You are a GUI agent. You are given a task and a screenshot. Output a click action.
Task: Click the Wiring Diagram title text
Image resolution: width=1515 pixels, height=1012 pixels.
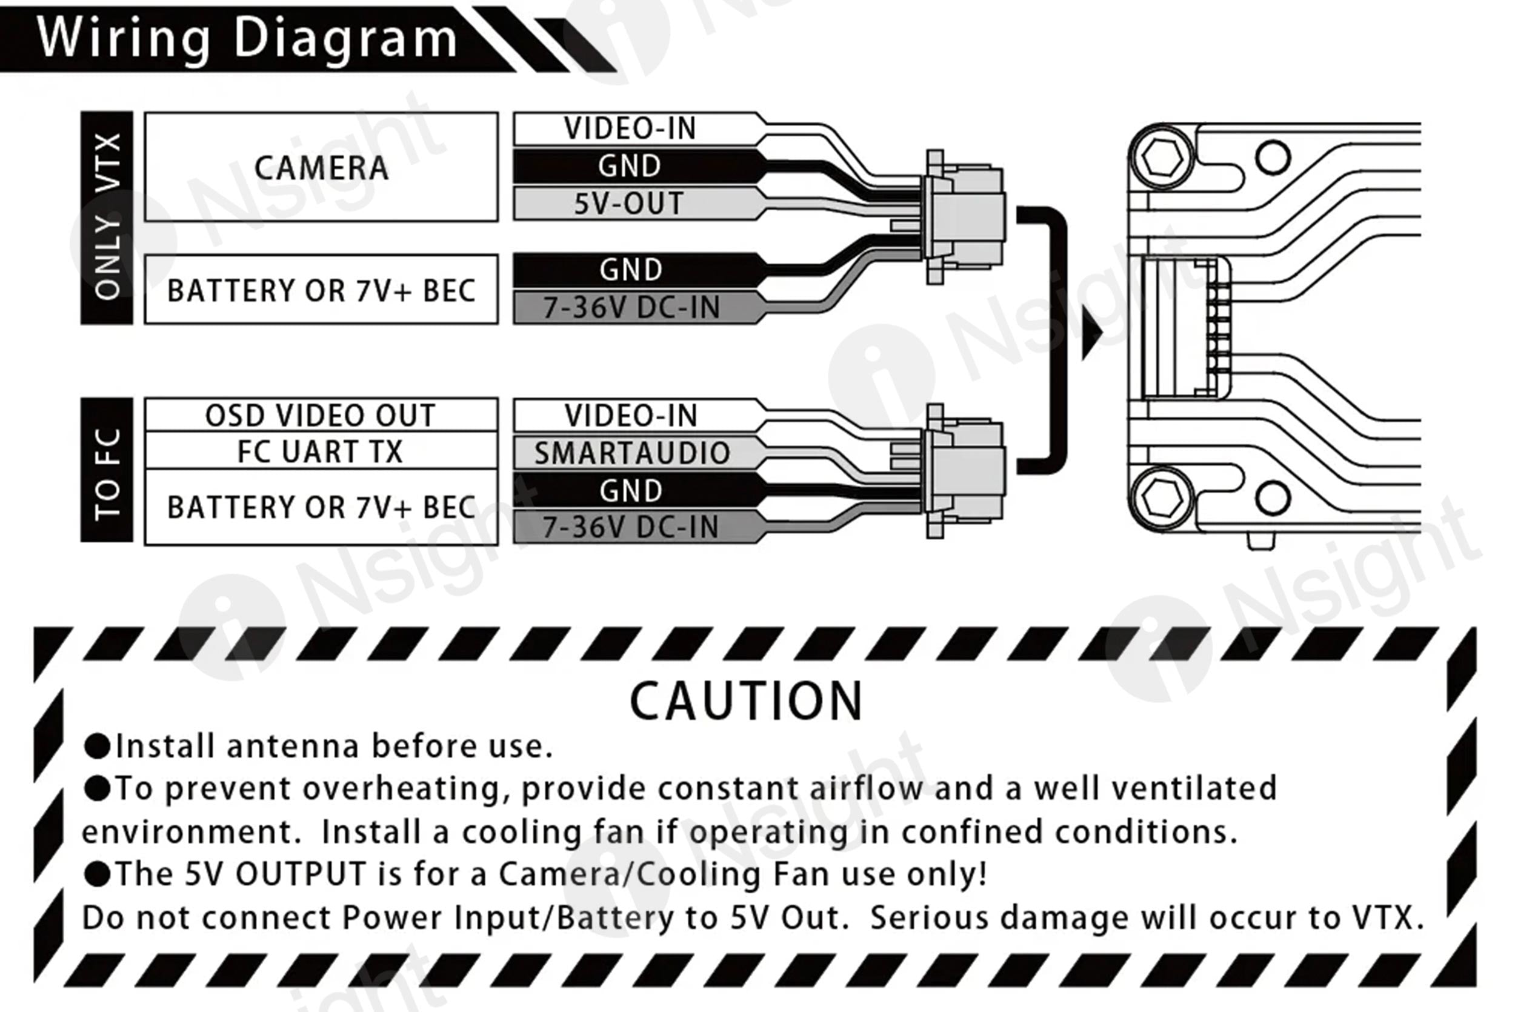(x=247, y=39)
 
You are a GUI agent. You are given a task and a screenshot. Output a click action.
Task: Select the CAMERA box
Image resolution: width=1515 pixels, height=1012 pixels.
(x=321, y=167)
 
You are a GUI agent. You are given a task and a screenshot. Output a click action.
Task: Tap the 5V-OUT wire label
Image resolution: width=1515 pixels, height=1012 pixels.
(x=629, y=204)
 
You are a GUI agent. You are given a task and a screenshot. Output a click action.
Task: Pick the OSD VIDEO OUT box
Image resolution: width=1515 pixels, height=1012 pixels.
(x=321, y=415)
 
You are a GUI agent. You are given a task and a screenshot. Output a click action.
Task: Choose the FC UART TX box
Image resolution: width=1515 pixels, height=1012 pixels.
(x=321, y=450)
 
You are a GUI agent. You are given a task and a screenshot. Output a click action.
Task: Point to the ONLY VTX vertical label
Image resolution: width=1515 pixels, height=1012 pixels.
(x=107, y=218)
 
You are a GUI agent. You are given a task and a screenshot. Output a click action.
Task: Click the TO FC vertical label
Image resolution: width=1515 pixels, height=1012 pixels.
(x=107, y=470)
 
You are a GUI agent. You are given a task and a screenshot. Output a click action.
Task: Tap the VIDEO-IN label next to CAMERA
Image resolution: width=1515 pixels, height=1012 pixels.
(x=630, y=128)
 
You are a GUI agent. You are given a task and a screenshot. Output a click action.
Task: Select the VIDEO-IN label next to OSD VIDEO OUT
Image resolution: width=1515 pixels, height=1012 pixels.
(x=631, y=415)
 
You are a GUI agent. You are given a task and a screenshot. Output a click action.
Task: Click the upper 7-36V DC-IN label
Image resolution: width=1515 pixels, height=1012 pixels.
(x=631, y=307)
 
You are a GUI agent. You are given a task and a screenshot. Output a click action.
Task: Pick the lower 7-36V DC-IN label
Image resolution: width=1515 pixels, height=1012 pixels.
(x=630, y=527)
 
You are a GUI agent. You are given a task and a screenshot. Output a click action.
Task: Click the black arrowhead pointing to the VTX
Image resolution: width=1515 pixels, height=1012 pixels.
(x=1092, y=331)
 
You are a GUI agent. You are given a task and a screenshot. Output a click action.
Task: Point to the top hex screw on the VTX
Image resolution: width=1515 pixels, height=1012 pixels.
(x=1162, y=157)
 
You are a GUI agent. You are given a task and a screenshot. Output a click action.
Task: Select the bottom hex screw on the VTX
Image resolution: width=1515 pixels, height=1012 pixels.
(x=1162, y=498)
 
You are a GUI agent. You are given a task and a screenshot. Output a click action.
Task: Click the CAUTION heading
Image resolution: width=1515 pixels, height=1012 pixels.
(x=746, y=702)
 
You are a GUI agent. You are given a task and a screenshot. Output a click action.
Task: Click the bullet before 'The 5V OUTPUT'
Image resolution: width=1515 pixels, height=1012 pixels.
(x=98, y=874)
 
